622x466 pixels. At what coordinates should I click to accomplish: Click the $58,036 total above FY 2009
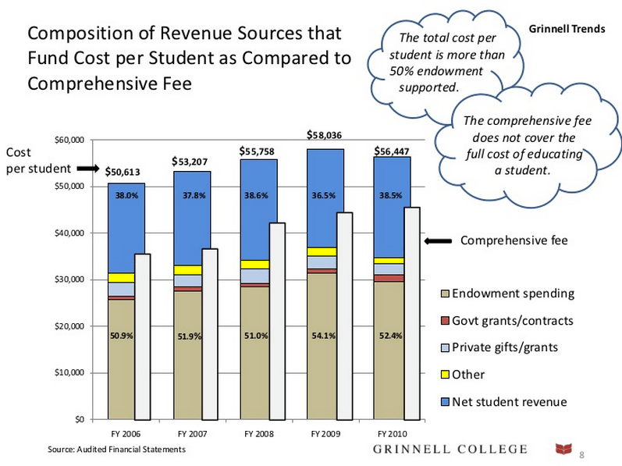(325, 136)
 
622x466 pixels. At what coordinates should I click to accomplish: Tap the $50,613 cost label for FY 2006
(122, 173)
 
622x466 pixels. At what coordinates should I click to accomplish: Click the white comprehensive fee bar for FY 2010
(411, 312)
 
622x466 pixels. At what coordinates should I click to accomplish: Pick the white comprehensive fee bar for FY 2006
(142, 336)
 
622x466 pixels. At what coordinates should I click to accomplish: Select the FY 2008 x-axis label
(258, 432)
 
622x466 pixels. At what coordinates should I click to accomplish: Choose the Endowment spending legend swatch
(446, 294)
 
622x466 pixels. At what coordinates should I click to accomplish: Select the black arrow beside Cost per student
(85, 168)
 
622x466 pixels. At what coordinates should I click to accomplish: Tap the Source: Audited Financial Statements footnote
(116, 450)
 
